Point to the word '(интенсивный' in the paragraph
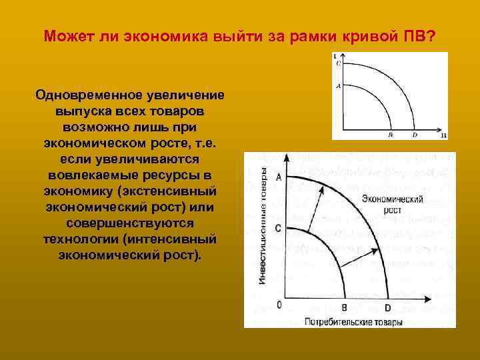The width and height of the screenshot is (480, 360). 175,239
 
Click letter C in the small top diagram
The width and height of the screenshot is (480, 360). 338,64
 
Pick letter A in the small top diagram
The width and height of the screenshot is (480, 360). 338,86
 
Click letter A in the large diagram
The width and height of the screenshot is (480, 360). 278,177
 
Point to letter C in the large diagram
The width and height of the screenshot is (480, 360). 278,228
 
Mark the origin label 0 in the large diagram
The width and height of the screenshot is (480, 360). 279,305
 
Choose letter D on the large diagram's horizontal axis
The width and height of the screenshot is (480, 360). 387,308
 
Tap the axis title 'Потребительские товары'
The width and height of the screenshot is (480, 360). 353,322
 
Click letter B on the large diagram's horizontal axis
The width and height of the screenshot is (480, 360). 344,308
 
